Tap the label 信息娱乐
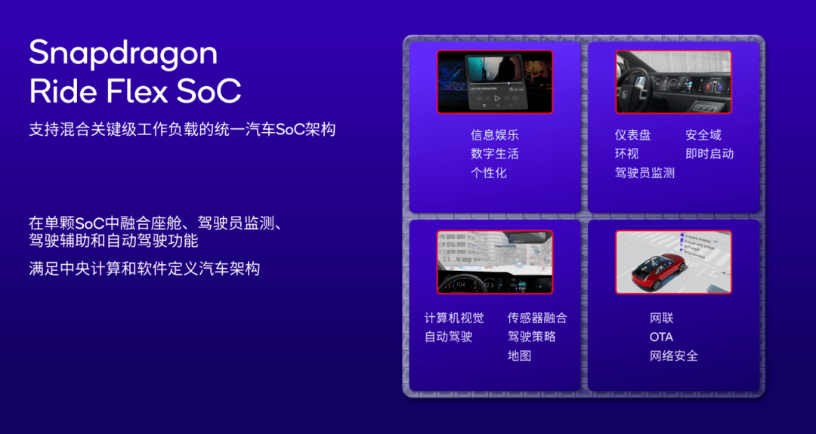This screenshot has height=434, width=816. pyautogui.click(x=495, y=135)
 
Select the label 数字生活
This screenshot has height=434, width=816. pyautogui.click(x=495, y=154)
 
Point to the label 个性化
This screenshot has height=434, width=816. pyautogui.click(x=489, y=173)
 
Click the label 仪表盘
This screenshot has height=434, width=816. pyautogui.click(x=632, y=135)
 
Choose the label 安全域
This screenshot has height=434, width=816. pyautogui.click(x=703, y=135)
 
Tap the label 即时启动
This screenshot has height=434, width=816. pyautogui.click(x=709, y=154)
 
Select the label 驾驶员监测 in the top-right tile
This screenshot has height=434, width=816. pyautogui.click(x=644, y=173)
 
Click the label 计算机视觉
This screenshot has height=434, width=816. pyautogui.click(x=454, y=318)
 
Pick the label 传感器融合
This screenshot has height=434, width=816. pyautogui.click(x=537, y=318)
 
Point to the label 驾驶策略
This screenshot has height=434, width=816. pyautogui.click(x=531, y=337)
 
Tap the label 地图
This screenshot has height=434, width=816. pyautogui.click(x=519, y=356)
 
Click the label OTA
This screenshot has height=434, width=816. pyautogui.click(x=661, y=337)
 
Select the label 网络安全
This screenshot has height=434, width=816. pyautogui.click(x=673, y=356)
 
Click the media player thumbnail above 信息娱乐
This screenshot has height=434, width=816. pyautogui.click(x=494, y=82)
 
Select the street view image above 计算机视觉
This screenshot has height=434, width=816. pyautogui.click(x=494, y=262)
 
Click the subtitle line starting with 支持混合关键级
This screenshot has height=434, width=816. pyautogui.click(x=182, y=129)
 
